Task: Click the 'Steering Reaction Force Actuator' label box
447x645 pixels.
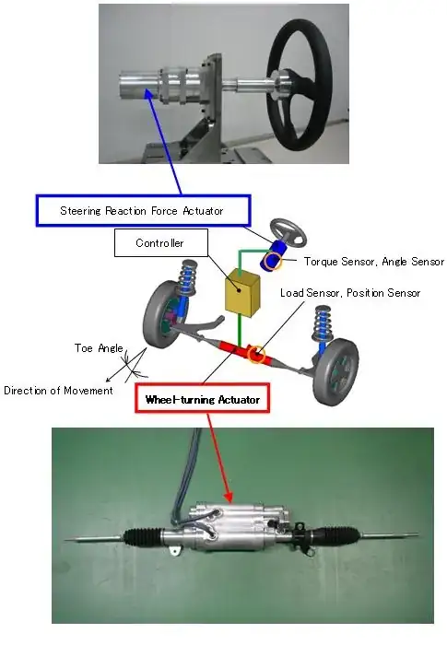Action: point(143,211)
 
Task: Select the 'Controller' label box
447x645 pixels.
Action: point(161,242)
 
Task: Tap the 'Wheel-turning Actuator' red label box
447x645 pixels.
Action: point(203,398)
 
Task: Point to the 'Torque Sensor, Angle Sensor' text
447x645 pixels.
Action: point(374,262)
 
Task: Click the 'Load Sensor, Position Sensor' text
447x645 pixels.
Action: point(350,293)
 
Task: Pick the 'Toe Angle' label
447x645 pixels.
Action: point(99,348)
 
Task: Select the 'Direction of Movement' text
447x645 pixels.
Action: point(58,391)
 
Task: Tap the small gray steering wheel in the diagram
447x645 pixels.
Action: point(288,231)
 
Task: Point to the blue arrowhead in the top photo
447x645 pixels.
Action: point(147,93)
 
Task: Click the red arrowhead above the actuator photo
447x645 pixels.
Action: point(228,497)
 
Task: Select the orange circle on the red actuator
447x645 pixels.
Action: point(256,353)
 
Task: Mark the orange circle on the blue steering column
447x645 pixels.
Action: point(273,261)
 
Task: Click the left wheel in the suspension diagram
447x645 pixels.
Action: point(162,314)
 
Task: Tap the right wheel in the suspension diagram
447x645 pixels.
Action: point(335,371)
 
